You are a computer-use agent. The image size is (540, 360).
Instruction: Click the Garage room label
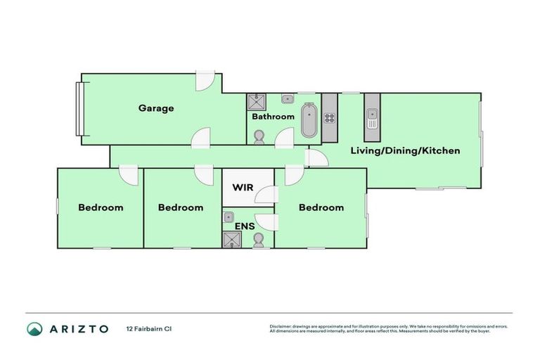[x=156, y=108]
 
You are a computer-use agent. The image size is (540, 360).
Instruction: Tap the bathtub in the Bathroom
[x=309, y=120]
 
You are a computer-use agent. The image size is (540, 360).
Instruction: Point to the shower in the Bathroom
[x=255, y=101]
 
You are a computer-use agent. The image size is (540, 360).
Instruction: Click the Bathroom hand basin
[x=288, y=99]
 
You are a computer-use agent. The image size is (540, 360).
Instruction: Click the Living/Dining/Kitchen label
[x=406, y=150]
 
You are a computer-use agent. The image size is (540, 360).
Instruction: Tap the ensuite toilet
[x=258, y=240]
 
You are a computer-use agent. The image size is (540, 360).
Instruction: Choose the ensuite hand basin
[x=229, y=218]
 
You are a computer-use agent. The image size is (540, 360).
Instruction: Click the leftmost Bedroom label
[x=101, y=207]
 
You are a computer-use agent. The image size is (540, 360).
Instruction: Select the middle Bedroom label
[x=181, y=207]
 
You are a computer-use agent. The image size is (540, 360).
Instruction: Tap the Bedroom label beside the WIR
[x=321, y=207]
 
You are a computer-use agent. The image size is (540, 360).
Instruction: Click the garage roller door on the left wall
[x=80, y=109]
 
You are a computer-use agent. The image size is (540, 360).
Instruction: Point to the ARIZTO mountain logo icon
[x=34, y=328]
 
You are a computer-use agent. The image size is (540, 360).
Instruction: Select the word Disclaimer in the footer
[x=281, y=326]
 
